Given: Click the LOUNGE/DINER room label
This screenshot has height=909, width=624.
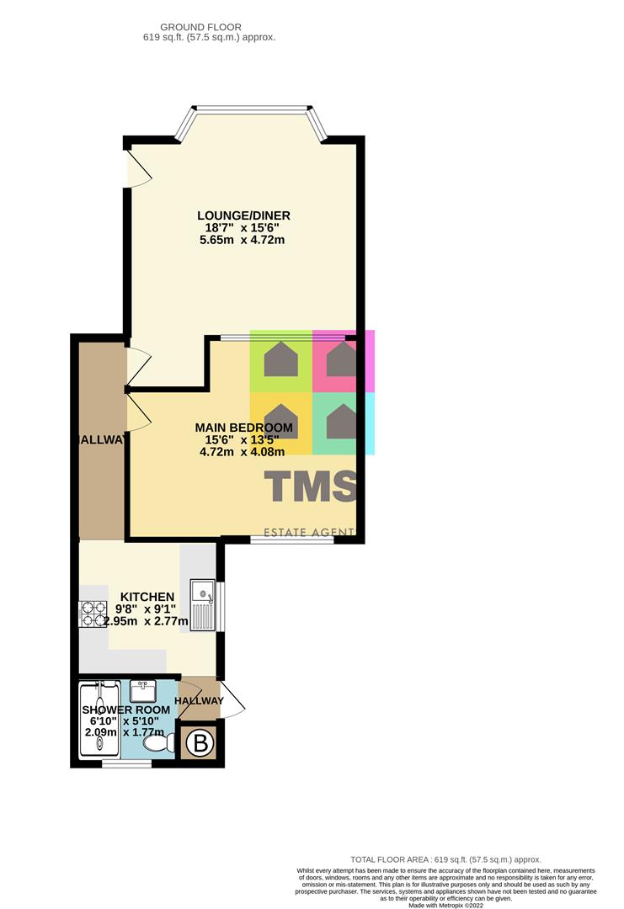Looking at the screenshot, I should click(x=244, y=215).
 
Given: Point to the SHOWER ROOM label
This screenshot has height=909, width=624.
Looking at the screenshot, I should click(x=125, y=710).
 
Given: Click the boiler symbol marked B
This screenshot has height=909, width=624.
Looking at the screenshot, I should click(x=200, y=743).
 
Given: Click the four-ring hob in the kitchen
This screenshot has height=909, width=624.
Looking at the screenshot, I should click(x=89, y=614).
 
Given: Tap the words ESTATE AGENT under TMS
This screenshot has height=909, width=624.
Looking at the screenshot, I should click(x=310, y=532).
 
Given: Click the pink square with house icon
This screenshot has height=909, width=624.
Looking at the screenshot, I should click(x=341, y=361).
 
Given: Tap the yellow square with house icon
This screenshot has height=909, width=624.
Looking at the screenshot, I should click(x=280, y=423).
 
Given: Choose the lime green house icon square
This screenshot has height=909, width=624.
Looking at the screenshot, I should click(x=280, y=361).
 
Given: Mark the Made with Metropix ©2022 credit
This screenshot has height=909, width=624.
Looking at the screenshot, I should click(x=447, y=905).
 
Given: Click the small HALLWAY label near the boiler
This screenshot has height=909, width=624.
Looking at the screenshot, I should click(x=200, y=701).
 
